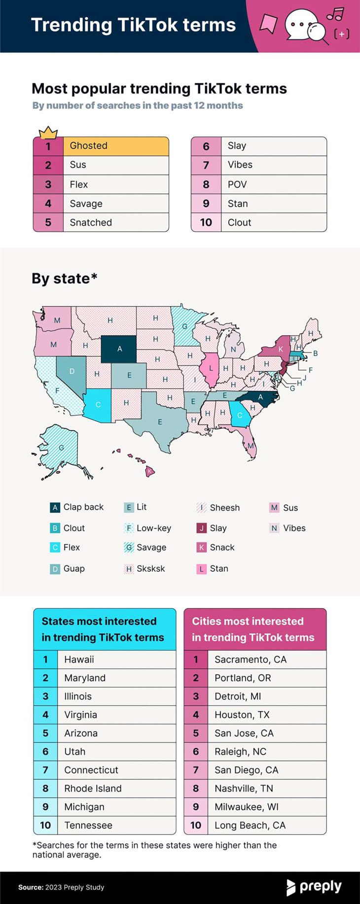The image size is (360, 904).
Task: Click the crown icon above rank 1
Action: [x=48, y=132]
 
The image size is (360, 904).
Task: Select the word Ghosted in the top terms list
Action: [x=88, y=146]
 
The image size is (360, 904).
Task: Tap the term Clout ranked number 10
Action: [x=239, y=223]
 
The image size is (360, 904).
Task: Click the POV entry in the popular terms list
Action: [x=237, y=185]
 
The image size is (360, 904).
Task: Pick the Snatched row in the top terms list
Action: [x=91, y=223]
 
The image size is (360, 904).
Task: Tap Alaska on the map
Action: [x=60, y=448]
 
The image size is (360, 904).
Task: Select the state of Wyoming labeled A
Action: [x=119, y=348]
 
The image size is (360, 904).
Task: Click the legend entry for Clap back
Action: [x=77, y=507]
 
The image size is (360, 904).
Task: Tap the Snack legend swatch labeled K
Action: [x=201, y=548]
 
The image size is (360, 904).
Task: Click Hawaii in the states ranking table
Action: [x=79, y=660]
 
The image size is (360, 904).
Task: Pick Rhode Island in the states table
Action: [x=93, y=789]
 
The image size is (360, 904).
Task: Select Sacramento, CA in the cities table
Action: [x=250, y=660]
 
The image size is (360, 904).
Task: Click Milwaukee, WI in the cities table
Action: [x=246, y=807]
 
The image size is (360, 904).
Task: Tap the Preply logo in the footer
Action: [x=314, y=887]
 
